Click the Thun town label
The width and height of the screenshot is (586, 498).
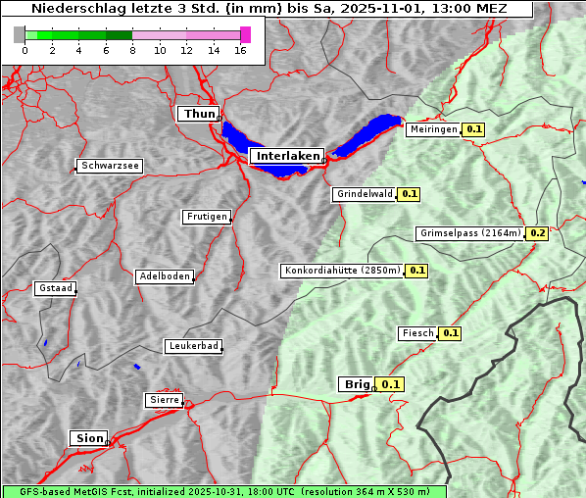point(199,115)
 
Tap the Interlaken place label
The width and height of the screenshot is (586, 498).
point(286,156)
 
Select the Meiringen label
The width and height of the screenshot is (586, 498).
point(433,129)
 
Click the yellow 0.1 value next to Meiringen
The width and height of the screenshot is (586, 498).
point(474,129)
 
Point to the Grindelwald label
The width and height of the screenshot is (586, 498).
point(364,194)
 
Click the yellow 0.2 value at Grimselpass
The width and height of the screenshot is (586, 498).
point(538,233)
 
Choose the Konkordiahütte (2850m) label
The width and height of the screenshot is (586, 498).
point(342,271)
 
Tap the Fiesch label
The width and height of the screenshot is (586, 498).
point(417,333)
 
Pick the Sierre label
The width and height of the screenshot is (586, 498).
point(164,400)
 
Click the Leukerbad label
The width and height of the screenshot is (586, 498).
point(193,346)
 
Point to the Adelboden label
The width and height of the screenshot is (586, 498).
point(165,276)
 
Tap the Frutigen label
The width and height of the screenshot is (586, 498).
point(206,217)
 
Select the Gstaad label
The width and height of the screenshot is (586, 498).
point(55,288)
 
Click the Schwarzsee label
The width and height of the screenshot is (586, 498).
point(110,167)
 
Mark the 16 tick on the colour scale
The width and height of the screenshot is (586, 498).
point(240,50)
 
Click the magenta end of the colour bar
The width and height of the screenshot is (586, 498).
point(245,34)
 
